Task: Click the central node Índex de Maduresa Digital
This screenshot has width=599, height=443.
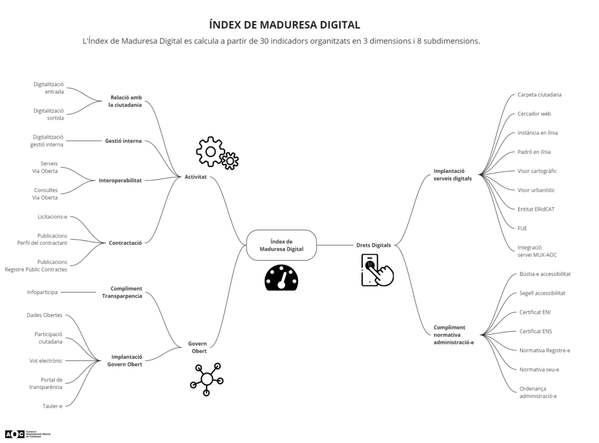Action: click(281, 245)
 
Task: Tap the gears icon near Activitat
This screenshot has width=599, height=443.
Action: click(217, 154)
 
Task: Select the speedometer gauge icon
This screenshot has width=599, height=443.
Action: click(281, 278)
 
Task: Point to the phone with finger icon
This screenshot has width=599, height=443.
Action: click(376, 270)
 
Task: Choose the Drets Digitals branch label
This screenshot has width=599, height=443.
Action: click(373, 245)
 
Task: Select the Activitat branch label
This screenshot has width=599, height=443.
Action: click(195, 176)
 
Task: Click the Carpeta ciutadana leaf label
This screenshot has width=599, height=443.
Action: click(539, 94)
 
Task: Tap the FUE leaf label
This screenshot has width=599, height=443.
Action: click(522, 228)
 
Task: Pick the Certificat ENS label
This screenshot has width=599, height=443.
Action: click(535, 331)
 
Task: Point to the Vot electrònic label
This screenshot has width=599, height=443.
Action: click(46, 360)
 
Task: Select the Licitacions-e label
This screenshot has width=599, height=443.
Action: click(52, 217)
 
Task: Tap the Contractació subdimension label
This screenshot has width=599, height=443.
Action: click(125, 243)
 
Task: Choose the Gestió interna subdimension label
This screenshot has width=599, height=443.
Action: click(123, 141)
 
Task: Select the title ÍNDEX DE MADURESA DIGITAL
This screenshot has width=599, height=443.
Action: click(284, 25)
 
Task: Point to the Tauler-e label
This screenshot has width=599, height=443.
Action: click(52, 405)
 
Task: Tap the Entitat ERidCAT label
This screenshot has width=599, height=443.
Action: click(536, 209)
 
